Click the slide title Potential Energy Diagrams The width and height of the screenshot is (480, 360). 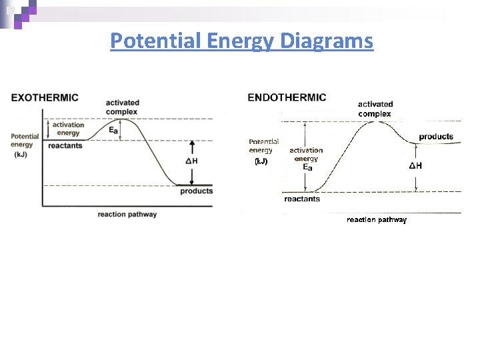[x=241, y=41]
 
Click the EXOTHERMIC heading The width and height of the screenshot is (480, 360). [x=45, y=97]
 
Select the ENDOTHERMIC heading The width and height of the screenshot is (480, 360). [x=287, y=97]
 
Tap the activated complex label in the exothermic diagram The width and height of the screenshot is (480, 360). [x=123, y=107]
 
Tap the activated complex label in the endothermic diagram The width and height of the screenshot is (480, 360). [x=375, y=109]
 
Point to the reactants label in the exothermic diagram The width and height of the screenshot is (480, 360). [x=65, y=145]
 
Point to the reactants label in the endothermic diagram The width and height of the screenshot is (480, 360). [x=302, y=199]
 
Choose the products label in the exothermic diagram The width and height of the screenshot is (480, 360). [x=197, y=191]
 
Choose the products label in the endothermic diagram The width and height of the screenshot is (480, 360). [x=436, y=137]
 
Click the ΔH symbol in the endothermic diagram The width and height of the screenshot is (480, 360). [x=415, y=165]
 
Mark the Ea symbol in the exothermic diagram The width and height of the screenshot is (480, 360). [x=113, y=131]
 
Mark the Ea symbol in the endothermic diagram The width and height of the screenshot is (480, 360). [x=307, y=168]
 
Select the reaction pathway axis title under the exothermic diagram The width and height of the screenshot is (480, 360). [x=127, y=215]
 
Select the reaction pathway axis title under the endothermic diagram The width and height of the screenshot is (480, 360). [x=377, y=219]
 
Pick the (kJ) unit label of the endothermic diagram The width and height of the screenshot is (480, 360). [x=261, y=161]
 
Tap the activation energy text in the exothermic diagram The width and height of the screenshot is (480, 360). [x=68, y=129]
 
